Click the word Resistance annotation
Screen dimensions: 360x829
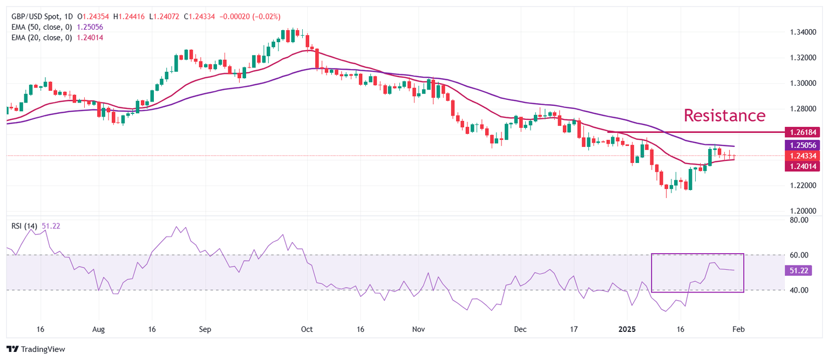724,115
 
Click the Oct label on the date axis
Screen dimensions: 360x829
308,329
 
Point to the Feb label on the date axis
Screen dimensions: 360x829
738,329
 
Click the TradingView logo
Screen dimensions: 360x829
36,349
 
